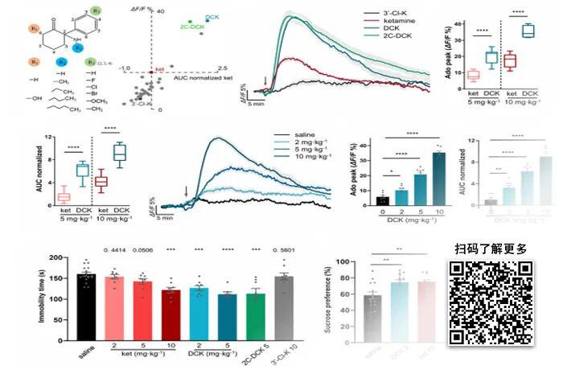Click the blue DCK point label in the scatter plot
[212, 16]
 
